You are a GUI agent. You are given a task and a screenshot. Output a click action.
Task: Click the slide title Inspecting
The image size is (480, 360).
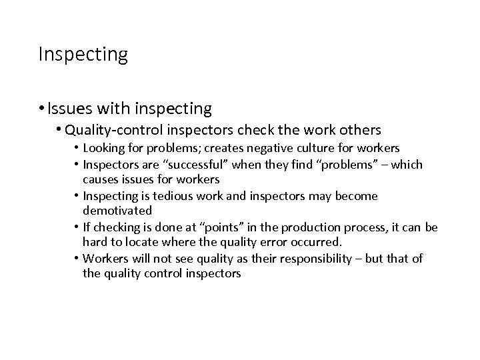(83, 54)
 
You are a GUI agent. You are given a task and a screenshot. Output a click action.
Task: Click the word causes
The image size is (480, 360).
(100, 180)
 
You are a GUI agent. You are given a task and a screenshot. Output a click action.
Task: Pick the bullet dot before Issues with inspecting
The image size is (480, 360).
(42, 108)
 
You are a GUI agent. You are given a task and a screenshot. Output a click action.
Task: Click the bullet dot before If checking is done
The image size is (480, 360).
(77, 228)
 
